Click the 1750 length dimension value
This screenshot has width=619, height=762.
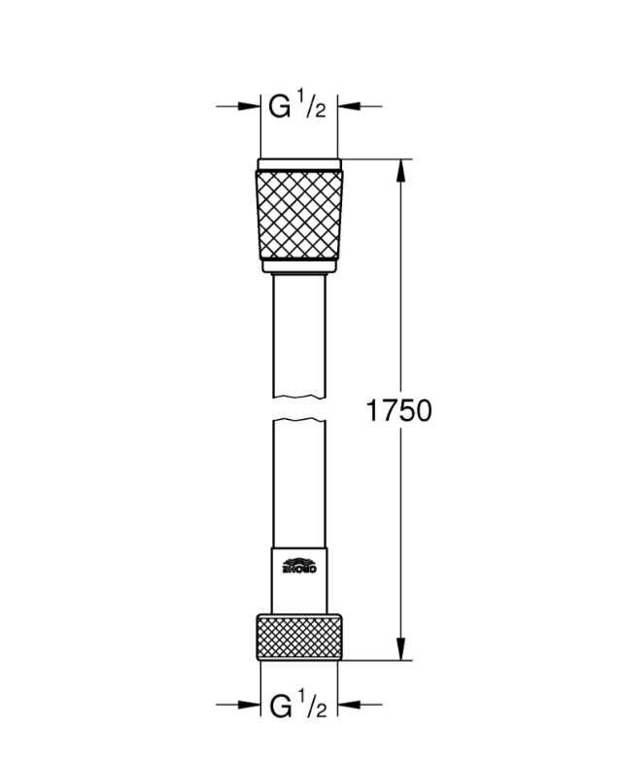[x=398, y=410]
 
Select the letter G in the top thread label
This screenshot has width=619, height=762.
[x=279, y=108]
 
